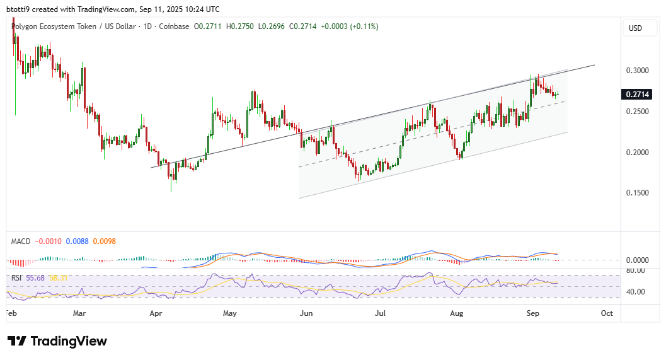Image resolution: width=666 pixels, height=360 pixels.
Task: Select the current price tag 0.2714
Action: point(636,95)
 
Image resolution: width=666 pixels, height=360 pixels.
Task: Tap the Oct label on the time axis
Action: point(607,312)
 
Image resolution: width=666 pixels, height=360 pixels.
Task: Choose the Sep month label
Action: point(532,312)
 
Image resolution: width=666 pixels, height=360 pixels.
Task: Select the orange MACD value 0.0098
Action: point(104,241)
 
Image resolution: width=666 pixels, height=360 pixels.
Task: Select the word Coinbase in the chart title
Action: point(175,26)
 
